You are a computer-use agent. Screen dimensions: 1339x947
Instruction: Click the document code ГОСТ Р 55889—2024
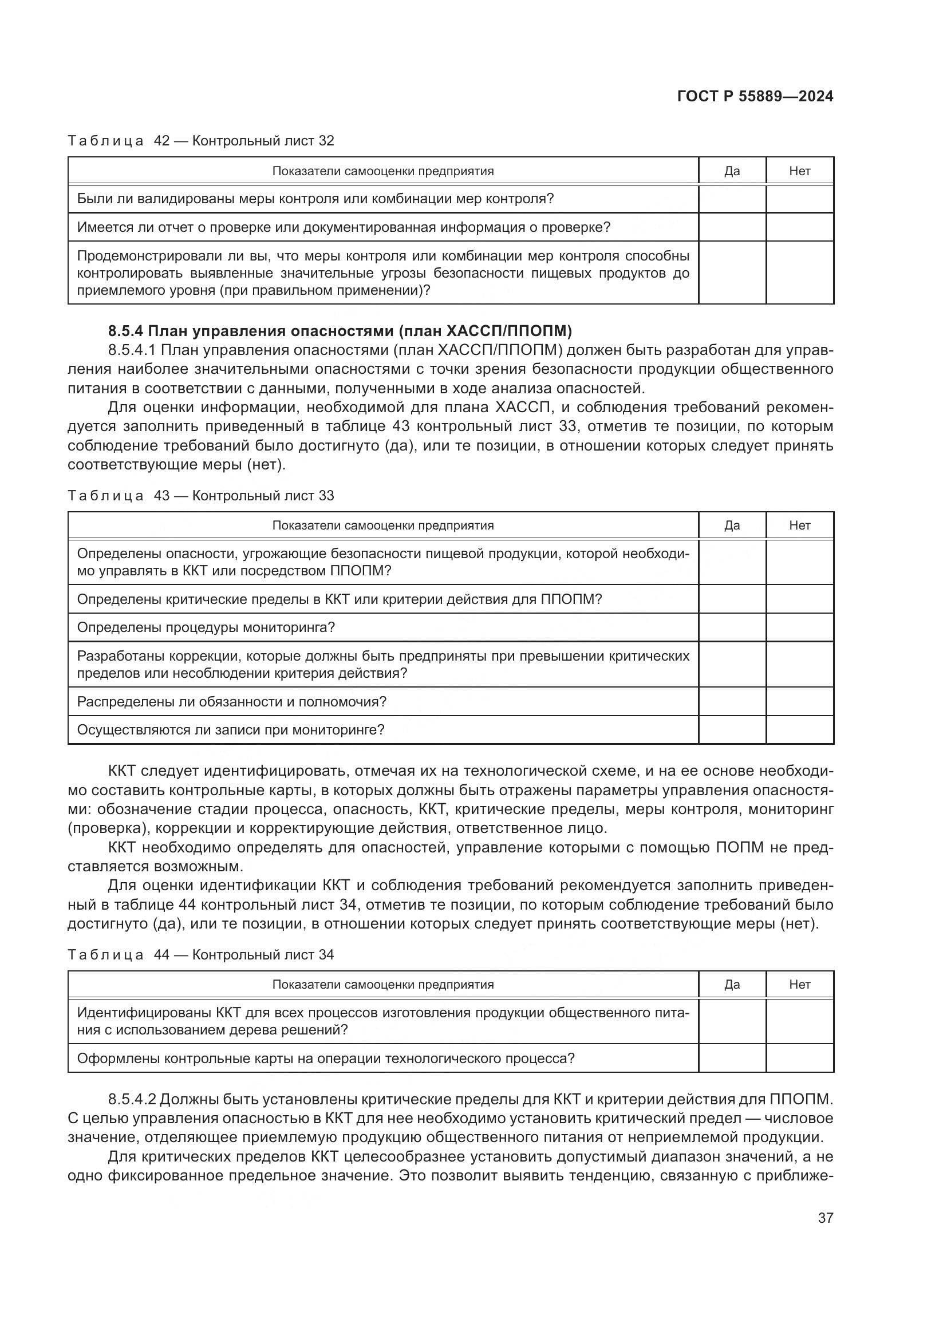pyautogui.click(x=755, y=97)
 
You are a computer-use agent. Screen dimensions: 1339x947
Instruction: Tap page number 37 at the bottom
pyautogui.click(x=825, y=1218)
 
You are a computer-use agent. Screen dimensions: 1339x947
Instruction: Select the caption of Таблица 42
pyautogui.click(x=200, y=141)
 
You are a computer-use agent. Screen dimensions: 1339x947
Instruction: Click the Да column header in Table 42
pyautogui.click(x=732, y=171)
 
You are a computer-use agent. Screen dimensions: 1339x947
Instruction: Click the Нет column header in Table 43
pyautogui.click(x=799, y=526)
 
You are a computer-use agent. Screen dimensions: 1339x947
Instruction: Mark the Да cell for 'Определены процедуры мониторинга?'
pyautogui.click(x=732, y=627)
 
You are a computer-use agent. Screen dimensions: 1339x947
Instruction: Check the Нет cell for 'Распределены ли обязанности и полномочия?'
pyautogui.click(x=799, y=702)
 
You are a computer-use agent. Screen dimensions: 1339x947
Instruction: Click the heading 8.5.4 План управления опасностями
pyautogui.click(x=340, y=331)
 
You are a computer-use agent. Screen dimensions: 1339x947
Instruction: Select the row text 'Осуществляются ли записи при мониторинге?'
pyautogui.click(x=231, y=730)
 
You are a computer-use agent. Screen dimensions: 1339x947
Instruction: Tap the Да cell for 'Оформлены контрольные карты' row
pyautogui.click(x=732, y=1058)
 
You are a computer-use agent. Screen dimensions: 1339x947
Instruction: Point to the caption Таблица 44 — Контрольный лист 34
pyautogui.click(x=200, y=955)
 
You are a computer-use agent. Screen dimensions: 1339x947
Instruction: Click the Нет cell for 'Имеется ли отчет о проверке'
pyautogui.click(x=799, y=227)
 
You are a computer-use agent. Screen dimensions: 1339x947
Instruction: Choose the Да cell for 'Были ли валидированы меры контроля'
pyautogui.click(x=732, y=199)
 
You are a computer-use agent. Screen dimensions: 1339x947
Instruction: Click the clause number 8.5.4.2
pyautogui.click(x=132, y=1100)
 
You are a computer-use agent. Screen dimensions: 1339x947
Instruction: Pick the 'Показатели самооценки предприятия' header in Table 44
pyautogui.click(x=382, y=985)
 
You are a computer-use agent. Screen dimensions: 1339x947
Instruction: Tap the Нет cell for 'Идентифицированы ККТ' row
pyautogui.click(x=799, y=1021)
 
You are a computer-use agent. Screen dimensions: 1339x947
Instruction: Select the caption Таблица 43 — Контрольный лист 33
pyautogui.click(x=200, y=496)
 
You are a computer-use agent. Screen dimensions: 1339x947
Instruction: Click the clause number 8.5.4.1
pyautogui.click(x=132, y=350)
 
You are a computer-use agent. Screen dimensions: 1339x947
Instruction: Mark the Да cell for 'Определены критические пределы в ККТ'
pyautogui.click(x=732, y=599)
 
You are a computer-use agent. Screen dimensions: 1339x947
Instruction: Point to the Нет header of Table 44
pyautogui.click(x=799, y=985)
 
